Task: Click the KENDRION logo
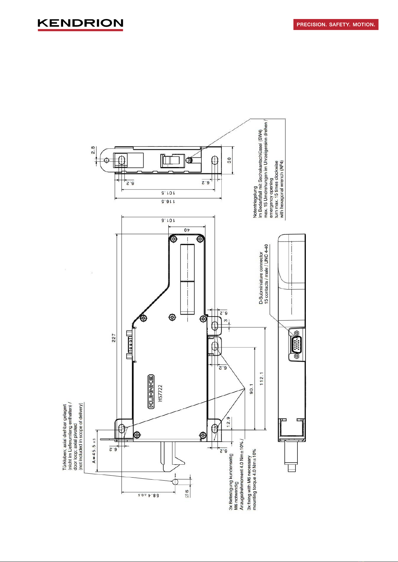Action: coord(80,24)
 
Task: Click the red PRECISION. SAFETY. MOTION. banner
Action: coord(336,25)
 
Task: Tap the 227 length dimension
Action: coord(114,338)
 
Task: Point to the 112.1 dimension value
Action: coord(262,379)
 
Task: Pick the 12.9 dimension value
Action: coord(228,423)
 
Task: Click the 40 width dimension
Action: coord(187,230)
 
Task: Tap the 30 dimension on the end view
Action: coord(229,160)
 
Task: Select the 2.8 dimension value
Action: coord(93,150)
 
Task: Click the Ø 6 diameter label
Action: coord(187,493)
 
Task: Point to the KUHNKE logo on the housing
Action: coord(151,392)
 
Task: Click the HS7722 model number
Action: coord(160,393)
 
